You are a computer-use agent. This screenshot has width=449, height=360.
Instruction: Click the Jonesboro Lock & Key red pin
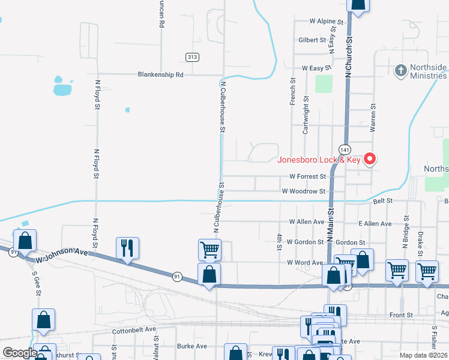pyautogui.click(x=370, y=159)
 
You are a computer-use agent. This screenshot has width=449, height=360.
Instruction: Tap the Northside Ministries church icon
pyautogui.click(x=400, y=71)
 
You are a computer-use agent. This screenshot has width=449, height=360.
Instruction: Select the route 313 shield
pyautogui.click(x=192, y=56)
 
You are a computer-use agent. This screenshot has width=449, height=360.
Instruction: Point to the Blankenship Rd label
pyautogui.click(x=160, y=75)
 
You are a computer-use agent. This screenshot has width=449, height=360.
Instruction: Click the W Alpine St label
pyautogui.click(x=326, y=21)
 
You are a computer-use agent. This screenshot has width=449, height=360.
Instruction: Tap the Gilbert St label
pyautogui.click(x=312, y=40)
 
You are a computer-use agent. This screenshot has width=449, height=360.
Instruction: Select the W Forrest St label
pyautogui.click(x=307, y=177)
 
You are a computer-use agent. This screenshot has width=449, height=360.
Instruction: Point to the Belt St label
pyautogui.click(x=382, y=200)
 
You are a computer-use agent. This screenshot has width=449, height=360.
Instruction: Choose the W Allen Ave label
pyautogui.click(x=306, y=221)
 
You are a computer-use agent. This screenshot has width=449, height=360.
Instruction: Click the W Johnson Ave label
pyautogui.click(x=62, y=257)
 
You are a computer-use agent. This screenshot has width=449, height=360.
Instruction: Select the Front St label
pyautogui.click(x=401, y=314)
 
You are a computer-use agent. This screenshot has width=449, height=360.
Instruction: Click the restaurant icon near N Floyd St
pyautogui.click(x=127, y=248)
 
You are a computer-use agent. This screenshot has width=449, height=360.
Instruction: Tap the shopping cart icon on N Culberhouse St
pyautogui.click(x=209, y=249)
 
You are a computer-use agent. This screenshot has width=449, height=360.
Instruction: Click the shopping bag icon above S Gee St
pyautogui.click(x=25, y=241)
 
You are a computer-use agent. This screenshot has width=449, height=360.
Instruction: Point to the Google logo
pyautogui.click(x=19, y=353)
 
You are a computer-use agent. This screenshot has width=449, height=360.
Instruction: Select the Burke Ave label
pyautogui.click(x=191, y=346)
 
